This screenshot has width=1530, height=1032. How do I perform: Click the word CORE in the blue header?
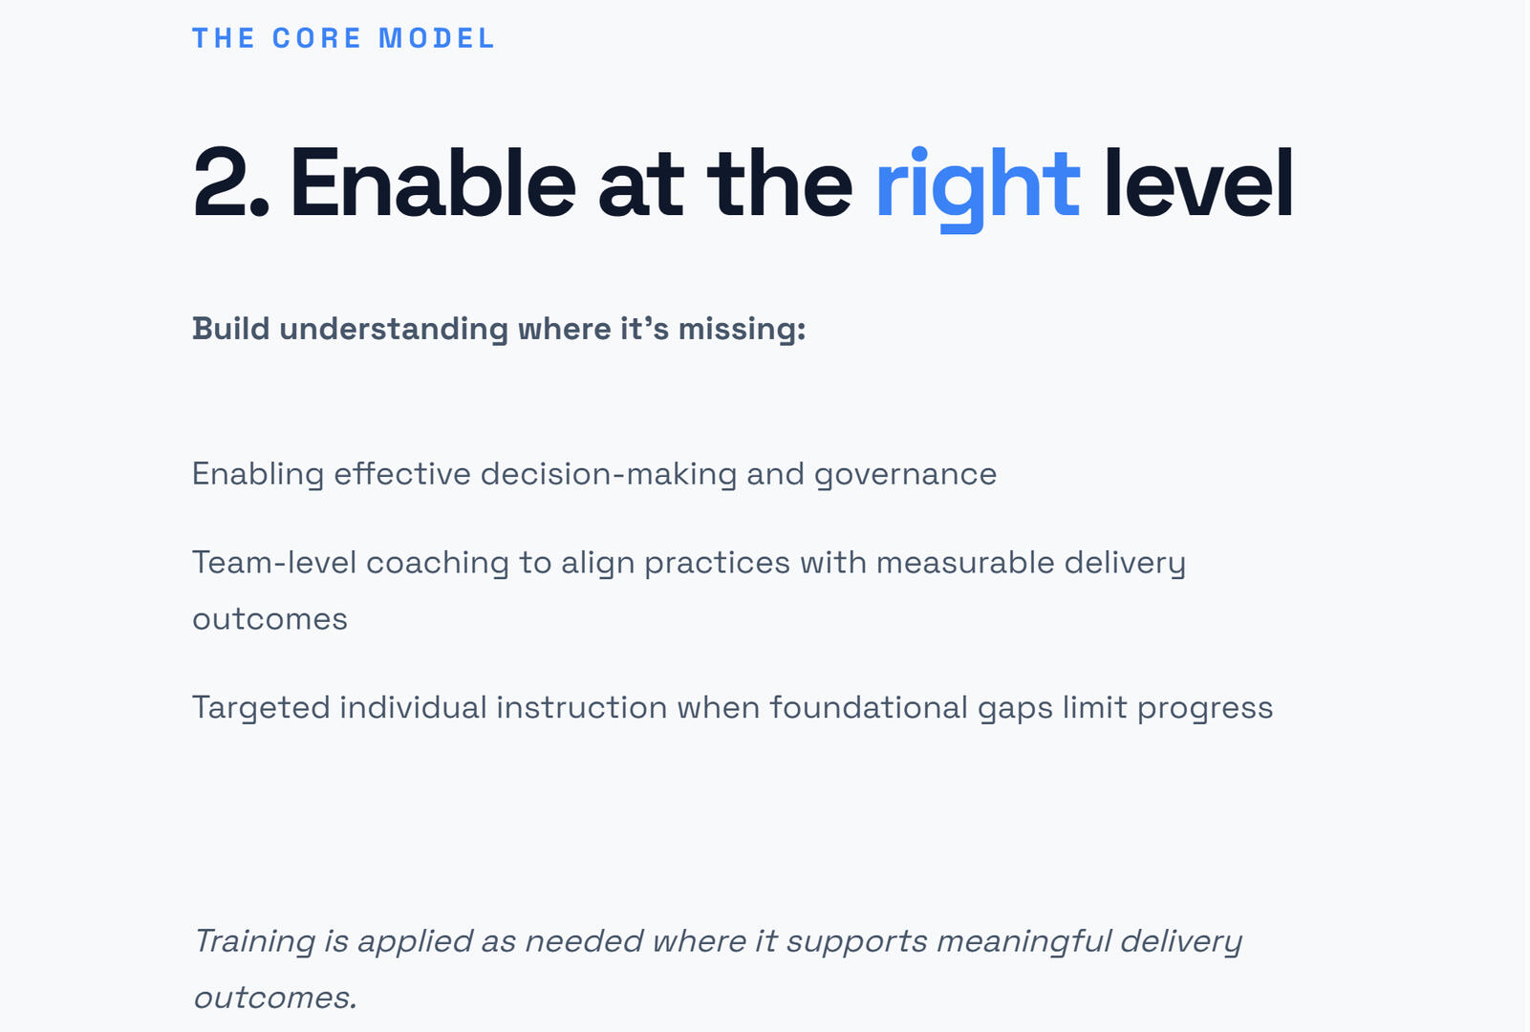(x=316, y=38)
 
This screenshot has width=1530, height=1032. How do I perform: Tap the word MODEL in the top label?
(x=437, y=38)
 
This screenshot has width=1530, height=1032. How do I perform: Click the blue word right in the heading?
(x=978, y=188)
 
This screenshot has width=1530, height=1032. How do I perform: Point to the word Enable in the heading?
(x=432, y=183)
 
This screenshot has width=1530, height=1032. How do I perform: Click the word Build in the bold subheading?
(x=231, y=329)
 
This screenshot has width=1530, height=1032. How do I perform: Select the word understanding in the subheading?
(x=394, y=330)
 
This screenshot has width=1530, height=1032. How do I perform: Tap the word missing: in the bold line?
(x=742, y=330)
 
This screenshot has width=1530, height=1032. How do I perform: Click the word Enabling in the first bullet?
(x=257, y=475)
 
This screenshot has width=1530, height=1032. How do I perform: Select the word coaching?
(x=437, y=564)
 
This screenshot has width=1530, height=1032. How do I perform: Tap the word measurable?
(x=965, y=563)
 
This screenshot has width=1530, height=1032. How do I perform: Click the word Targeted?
(x=261, y=708)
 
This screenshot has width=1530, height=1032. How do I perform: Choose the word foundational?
(x=868, y=707)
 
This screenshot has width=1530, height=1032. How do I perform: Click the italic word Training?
(x=255, y=942)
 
